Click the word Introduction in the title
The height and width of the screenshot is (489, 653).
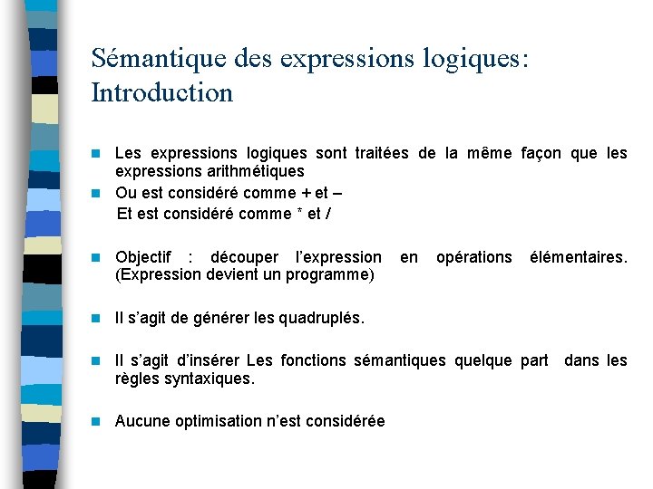tap(162, 92)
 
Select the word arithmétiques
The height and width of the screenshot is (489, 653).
tap(257, 171)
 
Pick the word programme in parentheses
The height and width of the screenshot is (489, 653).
tap(330, 274)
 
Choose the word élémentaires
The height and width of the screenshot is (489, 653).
tap(578, 257)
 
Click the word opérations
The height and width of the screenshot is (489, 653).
tap(473, 257)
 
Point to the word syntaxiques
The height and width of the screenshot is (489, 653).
tap(208, 379)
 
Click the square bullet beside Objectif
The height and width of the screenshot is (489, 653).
tap(97, 258)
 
